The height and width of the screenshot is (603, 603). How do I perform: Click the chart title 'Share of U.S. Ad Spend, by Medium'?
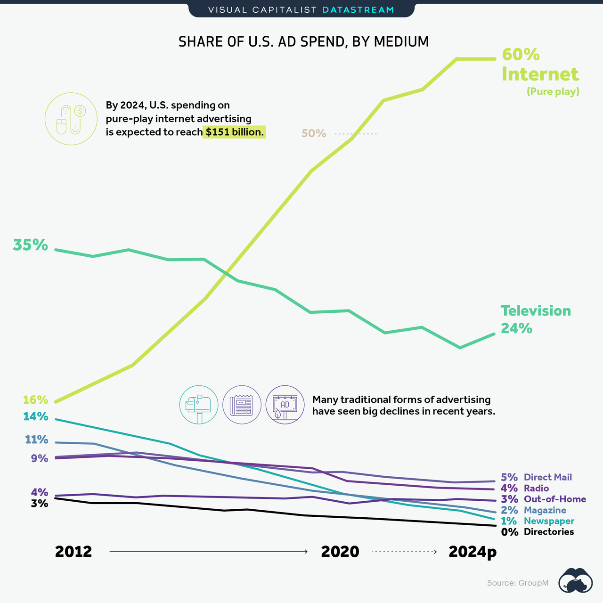(303, 42)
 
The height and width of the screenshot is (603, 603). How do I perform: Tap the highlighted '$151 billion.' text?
(235, 132)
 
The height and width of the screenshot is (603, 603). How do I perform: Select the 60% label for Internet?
(521, 55)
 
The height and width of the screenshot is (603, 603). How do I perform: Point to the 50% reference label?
(314, 134)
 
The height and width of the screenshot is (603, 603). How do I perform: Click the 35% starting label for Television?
(31, 245)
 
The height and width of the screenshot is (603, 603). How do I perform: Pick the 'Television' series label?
(536, 311)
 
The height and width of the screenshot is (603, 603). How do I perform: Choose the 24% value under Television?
(516, 328)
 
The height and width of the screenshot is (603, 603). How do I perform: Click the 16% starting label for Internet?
(36, 400)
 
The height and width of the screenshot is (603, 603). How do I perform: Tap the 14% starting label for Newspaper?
(36, 416)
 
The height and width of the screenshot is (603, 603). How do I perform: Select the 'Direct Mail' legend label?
(547, 477)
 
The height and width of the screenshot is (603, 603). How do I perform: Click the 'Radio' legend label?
(536, 489)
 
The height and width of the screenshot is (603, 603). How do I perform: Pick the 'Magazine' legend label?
(545, 510)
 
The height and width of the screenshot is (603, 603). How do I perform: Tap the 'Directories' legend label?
(548, 532)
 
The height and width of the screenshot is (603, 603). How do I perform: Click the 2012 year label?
(73, 552)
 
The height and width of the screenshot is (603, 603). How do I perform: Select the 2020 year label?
(340, 552)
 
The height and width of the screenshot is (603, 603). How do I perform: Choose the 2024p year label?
(473, 552)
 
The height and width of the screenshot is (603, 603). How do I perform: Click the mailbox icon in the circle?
(198, 405)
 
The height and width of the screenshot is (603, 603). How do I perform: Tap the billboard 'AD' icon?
(285, 405)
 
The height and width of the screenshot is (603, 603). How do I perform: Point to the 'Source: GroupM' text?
(518, 583)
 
